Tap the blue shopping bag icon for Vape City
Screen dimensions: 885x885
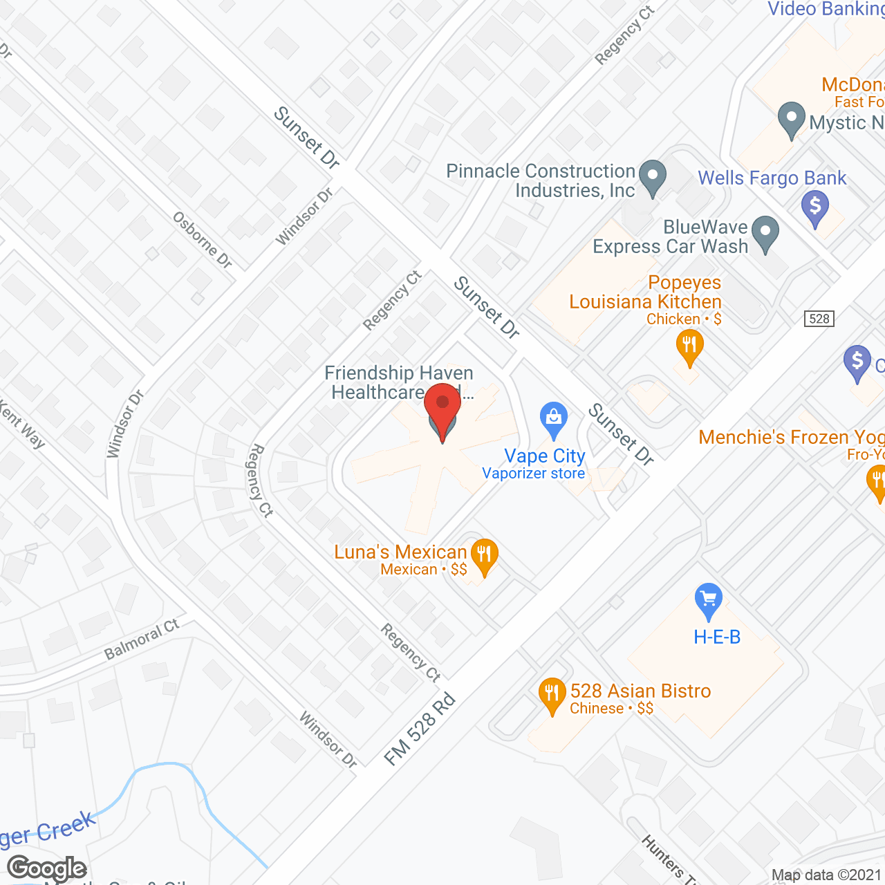click(553, 419)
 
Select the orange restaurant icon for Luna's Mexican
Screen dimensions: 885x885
click(484, 556)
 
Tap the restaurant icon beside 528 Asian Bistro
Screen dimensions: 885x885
click(551, 695)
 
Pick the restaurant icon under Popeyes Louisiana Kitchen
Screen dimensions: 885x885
click(689, 346)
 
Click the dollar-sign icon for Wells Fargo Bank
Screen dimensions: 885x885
click(815, 207)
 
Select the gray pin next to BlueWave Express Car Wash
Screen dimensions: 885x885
click(765, 234)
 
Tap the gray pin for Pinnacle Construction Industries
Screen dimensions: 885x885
click(652, 177)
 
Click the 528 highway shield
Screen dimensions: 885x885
click(819, 318)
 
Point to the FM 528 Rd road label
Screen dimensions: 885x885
click(420, 729)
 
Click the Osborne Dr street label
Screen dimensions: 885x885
click(202, 239)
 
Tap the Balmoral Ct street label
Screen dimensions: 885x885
click(142, 640)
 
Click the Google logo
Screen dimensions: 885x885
click(47, 868)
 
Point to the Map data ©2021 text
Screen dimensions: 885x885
click(826, 875)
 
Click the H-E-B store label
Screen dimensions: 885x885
click(717, 637)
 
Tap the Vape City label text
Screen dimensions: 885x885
click(545, 456)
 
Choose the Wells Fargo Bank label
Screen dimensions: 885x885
click(772, 178)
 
